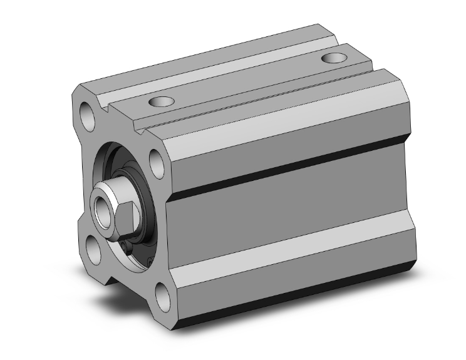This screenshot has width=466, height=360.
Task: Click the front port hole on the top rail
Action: [162, 101]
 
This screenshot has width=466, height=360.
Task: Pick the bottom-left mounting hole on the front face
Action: [94, 249]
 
